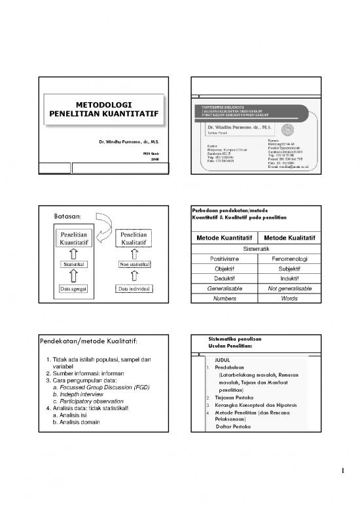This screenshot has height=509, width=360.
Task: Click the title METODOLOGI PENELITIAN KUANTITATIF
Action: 103,109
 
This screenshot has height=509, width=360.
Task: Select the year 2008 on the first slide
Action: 154,159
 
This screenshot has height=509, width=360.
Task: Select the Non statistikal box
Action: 134,264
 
